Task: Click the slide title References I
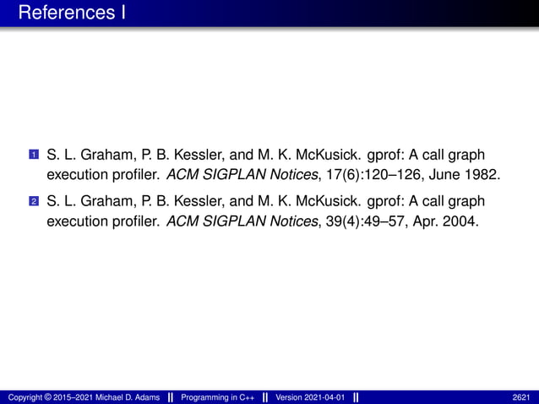71,14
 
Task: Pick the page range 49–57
389,221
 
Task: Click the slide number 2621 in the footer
521,397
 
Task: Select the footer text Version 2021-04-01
312,397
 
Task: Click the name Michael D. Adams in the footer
124,397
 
